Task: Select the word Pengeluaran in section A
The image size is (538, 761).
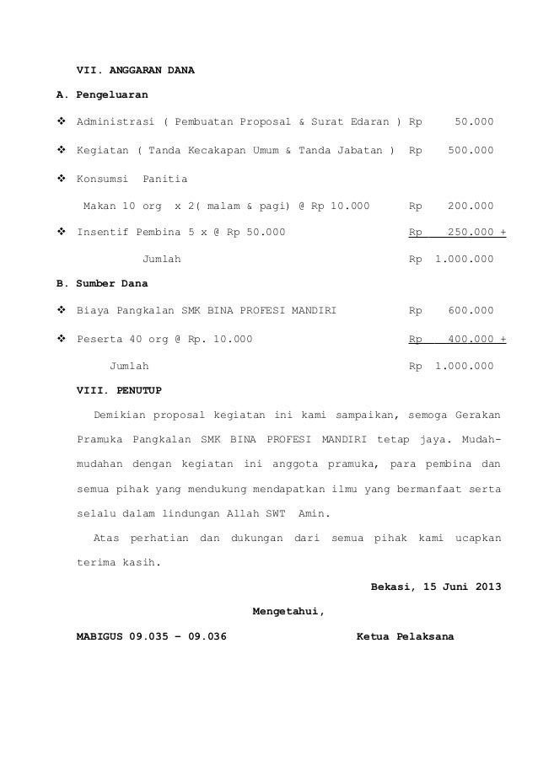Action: click(x=112, y=96)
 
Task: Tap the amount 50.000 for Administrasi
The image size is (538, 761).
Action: click(x=474, y=123)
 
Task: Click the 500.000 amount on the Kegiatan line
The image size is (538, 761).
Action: click(x=471, y=151)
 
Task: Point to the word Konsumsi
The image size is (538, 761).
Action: click(x=102, y=179)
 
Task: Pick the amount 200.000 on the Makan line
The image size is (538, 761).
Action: click(x=471, y=206)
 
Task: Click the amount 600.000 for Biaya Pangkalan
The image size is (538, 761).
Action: click(x=471, y=312)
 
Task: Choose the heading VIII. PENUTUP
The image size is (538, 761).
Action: click(x=121, y=391)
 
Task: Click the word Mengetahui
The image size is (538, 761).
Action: click(x=288, y=611)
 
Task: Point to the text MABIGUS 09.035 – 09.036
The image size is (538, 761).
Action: click(x=152, y=636)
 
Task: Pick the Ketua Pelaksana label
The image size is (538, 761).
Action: click(x=405, y=636)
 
